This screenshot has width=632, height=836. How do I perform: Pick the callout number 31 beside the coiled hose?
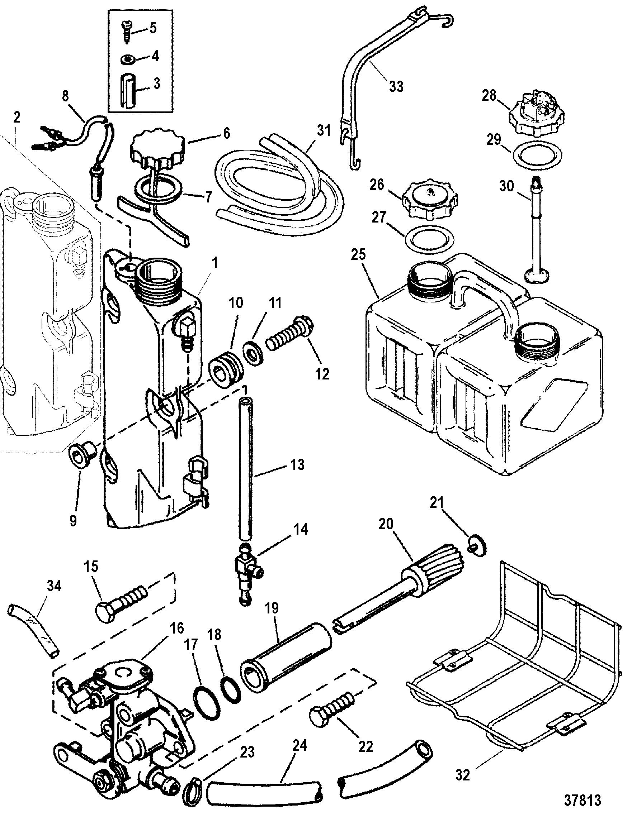324,130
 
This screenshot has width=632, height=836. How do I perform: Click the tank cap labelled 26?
429,201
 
